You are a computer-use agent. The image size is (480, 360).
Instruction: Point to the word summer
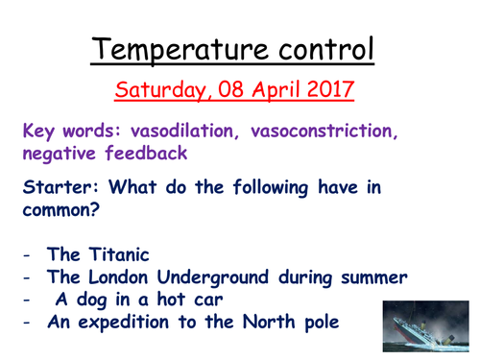click(x=368, y=277)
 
